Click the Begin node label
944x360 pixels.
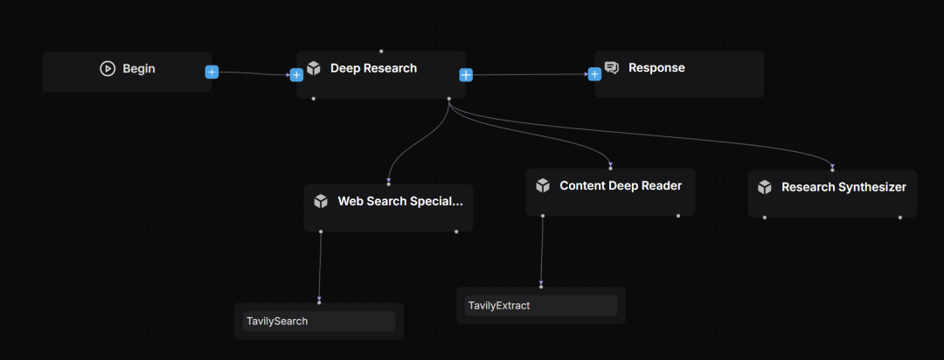click(x=139, y=68)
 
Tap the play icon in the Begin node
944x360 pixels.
click(x=108, y=68)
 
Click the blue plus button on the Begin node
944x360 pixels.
click(x=212, y=72)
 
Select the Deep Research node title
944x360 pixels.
click(x=373, y=68)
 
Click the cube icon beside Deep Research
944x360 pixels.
click(x=314, y=68)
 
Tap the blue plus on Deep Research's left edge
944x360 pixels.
click(x=296, y=74)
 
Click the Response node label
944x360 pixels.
click(x=656, y=68)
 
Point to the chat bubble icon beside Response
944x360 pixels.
click(x=612, y=68)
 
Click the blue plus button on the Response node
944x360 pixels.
click(x=595, y=74)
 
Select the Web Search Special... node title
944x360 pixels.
click(x=400, y=201)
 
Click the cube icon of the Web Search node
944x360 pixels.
click(x=321, y=201)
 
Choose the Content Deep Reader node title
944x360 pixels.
click(x=621, y=185)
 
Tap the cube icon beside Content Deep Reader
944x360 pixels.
click(x=543, y=185)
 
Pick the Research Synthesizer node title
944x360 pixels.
click(x=843, y=187)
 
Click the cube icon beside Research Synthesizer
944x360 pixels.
click(x=765, y=187)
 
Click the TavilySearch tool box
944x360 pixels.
click(x=318, y=321)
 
